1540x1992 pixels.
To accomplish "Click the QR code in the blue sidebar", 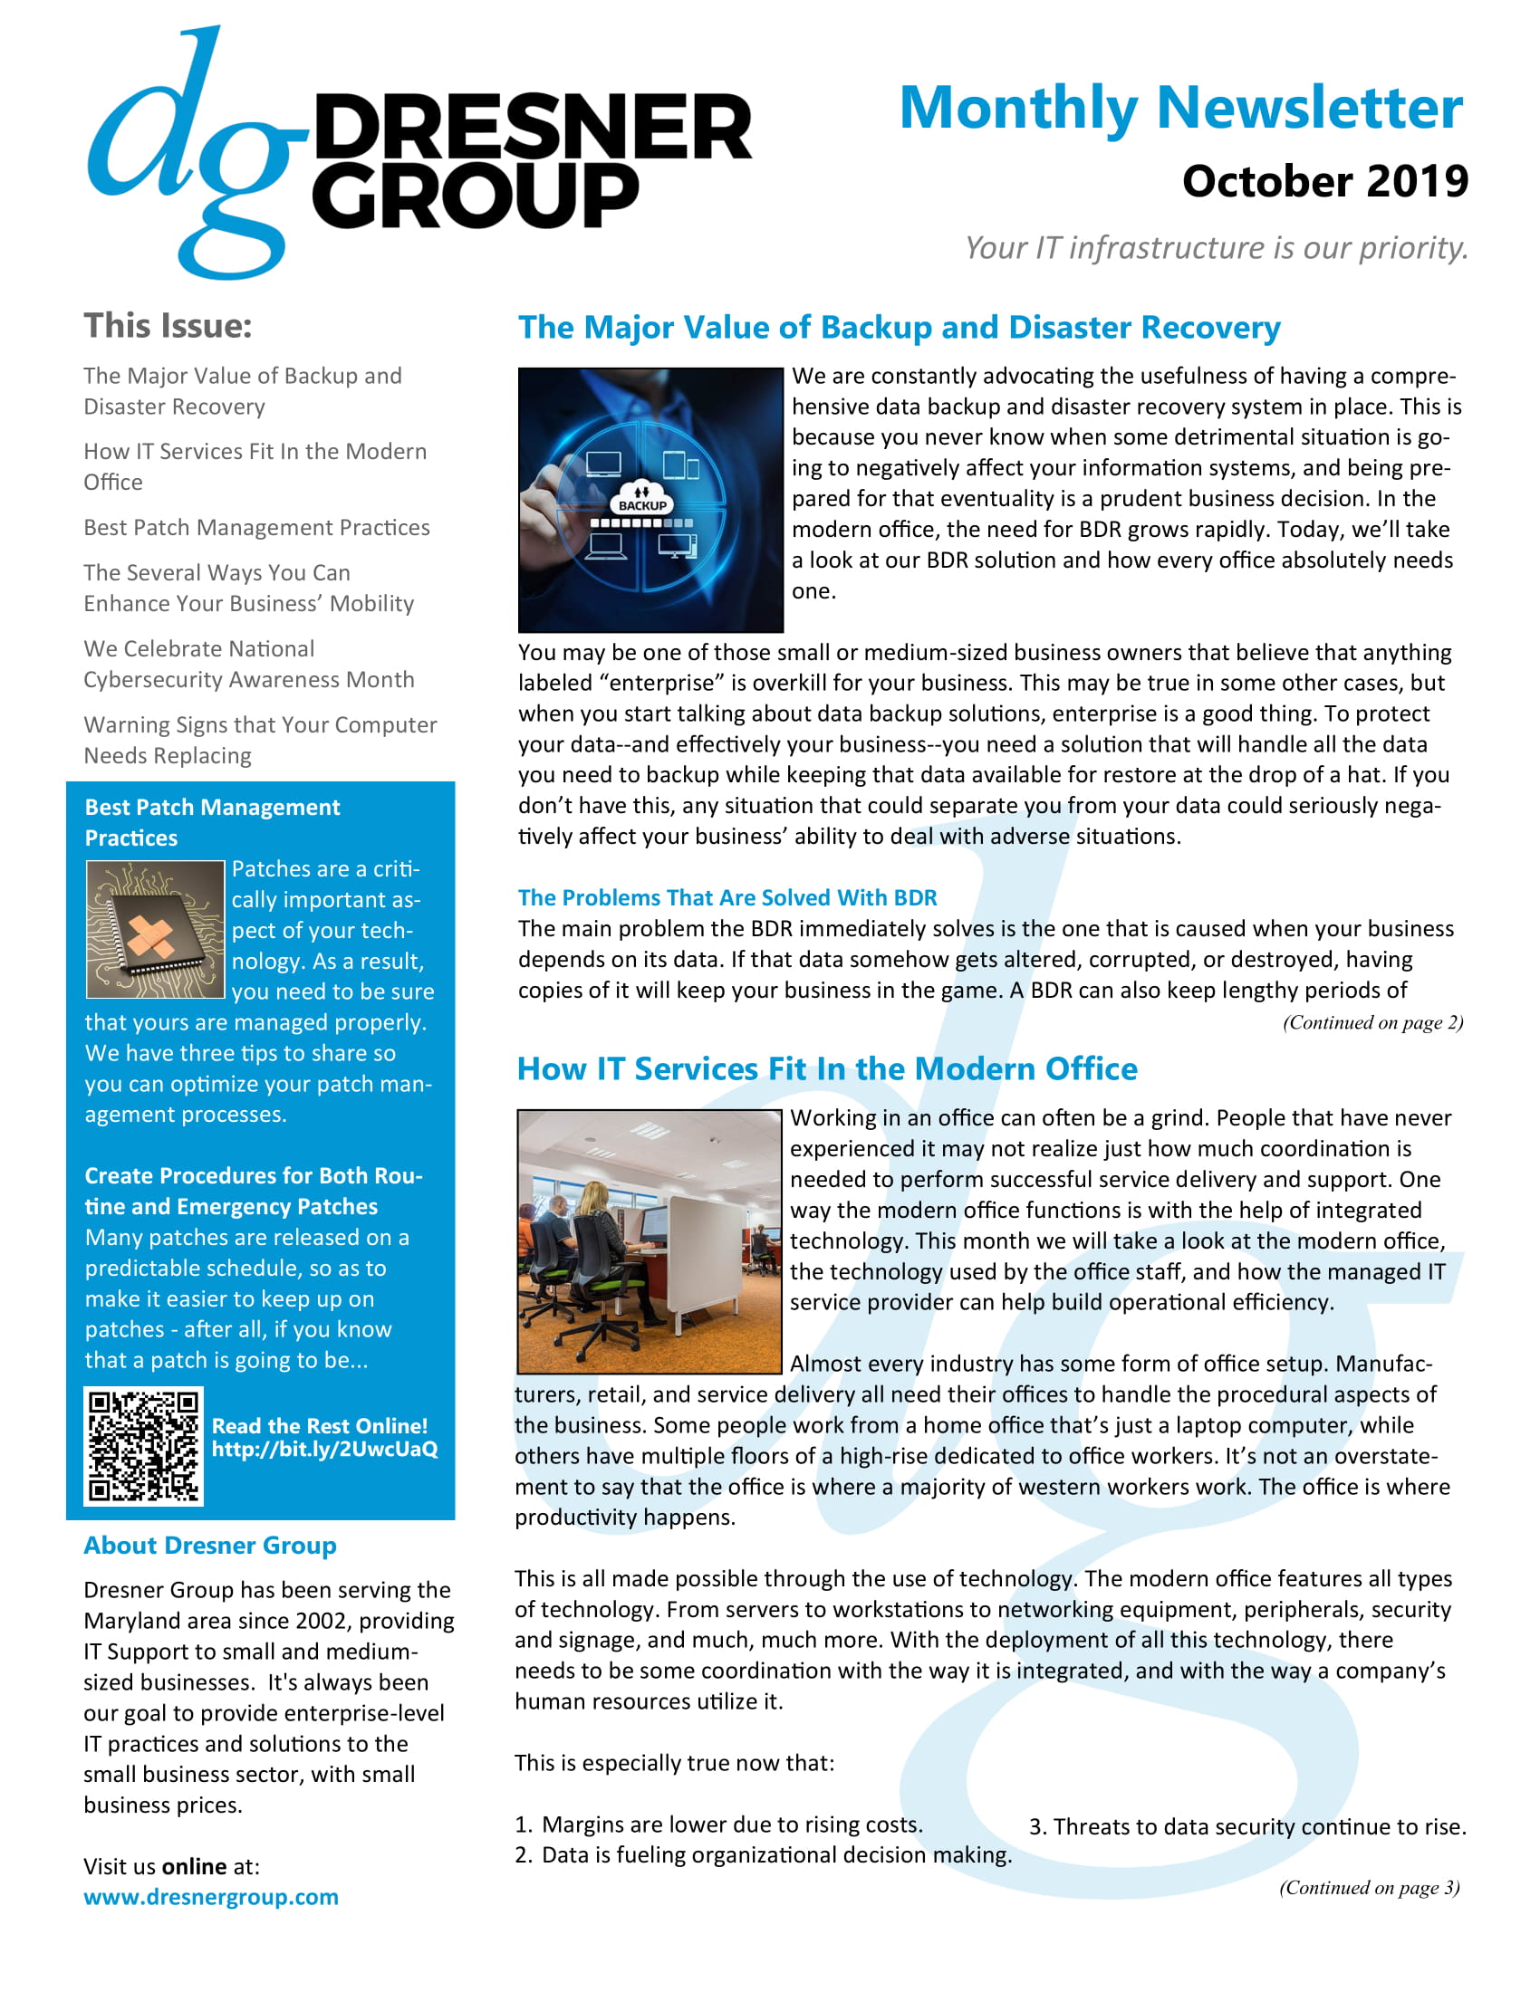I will point(143,1446).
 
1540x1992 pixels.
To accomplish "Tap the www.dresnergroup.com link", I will point(211,1897).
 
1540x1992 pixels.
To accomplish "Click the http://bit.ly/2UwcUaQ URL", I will point(325,1450).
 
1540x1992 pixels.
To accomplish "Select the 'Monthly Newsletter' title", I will point(1180,108).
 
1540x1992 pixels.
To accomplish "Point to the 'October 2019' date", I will point(1324,181).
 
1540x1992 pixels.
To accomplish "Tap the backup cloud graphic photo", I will point(650,500).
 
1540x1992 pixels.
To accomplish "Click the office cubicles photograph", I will point(649,1241).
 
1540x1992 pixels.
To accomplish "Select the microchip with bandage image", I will point(155,928).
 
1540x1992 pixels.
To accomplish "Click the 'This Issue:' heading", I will point(168,326).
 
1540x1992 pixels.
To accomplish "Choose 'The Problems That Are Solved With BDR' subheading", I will point(727,897).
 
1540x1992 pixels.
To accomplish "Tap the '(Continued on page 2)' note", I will point(1372,1022).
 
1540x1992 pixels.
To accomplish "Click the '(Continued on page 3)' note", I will point(1369,1887).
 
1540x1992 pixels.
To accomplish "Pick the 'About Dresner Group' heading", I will point(210,1545).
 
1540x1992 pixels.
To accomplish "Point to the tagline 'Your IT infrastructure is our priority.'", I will point(1216,247).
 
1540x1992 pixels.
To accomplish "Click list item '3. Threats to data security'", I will point(1247,1827).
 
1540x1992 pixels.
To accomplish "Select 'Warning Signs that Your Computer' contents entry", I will point(260,725).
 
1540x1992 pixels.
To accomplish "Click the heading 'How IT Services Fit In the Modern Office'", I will point(826,1068).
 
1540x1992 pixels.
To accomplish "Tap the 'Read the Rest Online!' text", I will point(319,1425).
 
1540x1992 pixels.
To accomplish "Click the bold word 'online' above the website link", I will point(195,1866).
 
